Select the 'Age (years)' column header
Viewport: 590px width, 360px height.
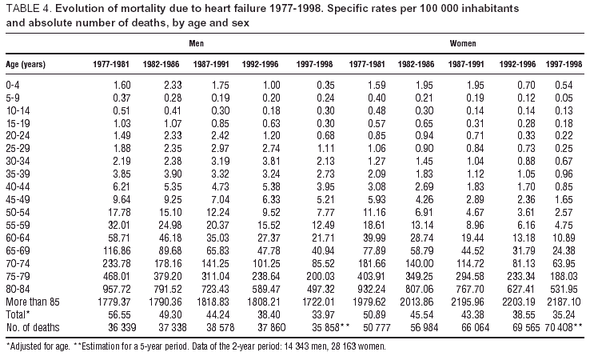pos(27,62)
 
